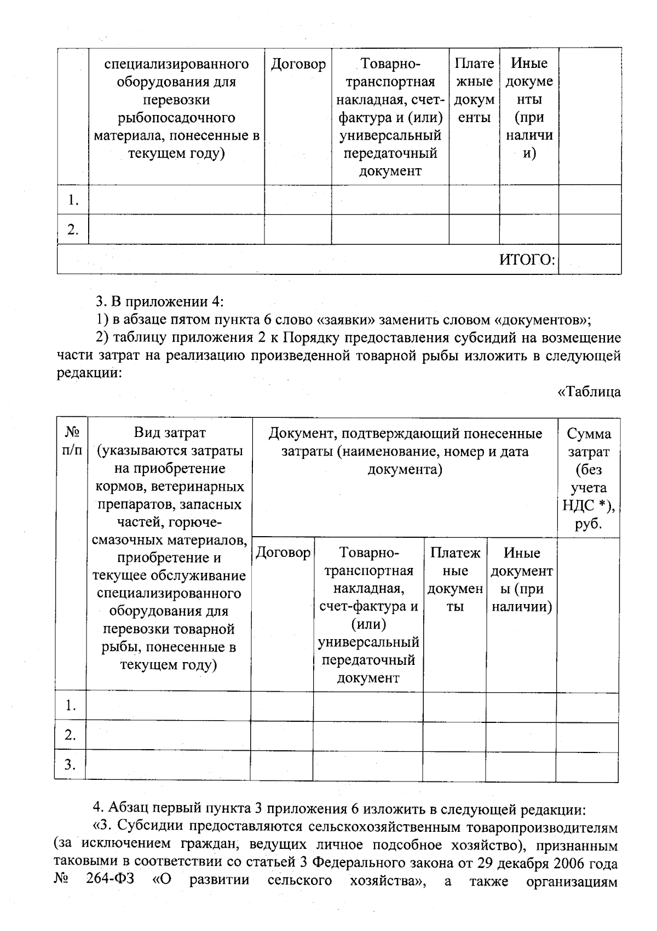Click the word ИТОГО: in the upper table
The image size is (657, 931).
(x=527, y=260)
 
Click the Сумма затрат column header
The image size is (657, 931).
(x=589, y=478)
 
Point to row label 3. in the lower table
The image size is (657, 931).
(x=70, y=765)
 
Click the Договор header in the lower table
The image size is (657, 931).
(x=283, y=553)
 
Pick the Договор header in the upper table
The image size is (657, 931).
(x=298, y=64)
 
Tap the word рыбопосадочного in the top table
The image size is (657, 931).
(x=176, y=118)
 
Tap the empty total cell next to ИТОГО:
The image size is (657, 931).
(x=590, y=259)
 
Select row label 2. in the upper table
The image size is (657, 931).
(x=73, y=229)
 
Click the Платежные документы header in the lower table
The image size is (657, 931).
(x=454, y=579)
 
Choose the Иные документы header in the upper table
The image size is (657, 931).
(x=529, y=108)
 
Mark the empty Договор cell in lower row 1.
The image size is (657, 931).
(x=281, y=706)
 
